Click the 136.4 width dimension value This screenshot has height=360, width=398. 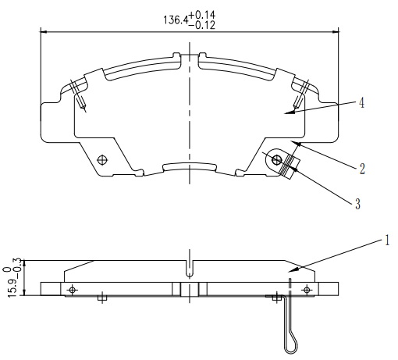tap(176, 20)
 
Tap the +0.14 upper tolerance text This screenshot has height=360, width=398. tap(202, 15)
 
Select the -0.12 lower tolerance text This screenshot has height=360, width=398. tap(202, 25)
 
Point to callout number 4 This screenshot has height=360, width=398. tap(361, 103)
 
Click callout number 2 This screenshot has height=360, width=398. tap(362, 169)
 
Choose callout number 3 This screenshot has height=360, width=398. tap(358, 204)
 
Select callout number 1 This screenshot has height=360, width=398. tap(387, 240)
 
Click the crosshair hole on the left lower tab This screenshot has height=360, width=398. tap(102, 159)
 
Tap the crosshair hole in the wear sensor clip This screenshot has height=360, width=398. tap(276, 160)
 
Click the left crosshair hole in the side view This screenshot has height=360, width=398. tap(73, 290)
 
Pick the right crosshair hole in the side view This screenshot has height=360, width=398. tap(307, 290)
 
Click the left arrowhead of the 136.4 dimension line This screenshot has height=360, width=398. tap(44, 32)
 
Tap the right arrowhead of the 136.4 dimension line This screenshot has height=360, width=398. tap(336, 32)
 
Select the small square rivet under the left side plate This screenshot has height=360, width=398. tap(102, 298)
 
